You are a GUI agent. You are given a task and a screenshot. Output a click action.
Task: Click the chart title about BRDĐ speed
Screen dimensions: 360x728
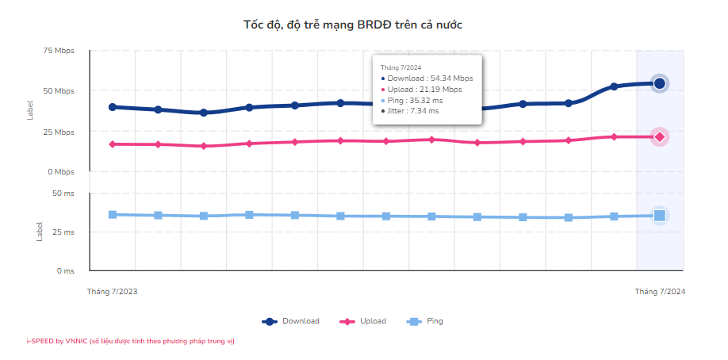(x=352, y=25)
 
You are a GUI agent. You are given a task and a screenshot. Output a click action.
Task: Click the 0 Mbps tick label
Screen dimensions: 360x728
(x=60, y=172)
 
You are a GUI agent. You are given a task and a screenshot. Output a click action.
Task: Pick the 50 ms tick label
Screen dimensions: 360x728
(x=63, y=193)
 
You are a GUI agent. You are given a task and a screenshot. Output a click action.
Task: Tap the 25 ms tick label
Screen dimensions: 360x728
(x=63, y=232)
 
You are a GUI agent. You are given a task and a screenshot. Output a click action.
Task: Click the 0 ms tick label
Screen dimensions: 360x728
(x=65, y=271)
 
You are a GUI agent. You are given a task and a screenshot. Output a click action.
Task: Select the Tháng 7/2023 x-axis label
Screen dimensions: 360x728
(x=112, y=292)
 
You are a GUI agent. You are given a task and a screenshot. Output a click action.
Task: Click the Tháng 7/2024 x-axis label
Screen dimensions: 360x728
(x=660, y=292)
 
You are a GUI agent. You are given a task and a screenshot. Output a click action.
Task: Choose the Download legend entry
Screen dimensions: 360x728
(x=291, y=321)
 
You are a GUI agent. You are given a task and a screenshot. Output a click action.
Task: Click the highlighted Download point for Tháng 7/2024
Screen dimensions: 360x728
(x=659, y=83)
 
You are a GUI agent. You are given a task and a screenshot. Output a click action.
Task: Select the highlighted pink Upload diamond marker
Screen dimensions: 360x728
(x=659, y=137)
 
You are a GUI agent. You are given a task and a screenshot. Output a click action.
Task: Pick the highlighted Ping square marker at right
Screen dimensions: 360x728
(x=659, y=215)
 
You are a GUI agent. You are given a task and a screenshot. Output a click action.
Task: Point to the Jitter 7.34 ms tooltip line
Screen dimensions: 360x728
(x=412, y=111)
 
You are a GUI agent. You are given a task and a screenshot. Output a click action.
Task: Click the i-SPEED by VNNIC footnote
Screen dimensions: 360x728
(x=130, y=341)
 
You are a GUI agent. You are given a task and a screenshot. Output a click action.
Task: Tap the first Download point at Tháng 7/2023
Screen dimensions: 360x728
(x=113, y=107)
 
